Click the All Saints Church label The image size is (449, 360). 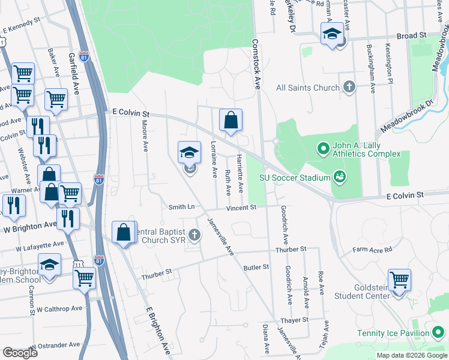[307, 88]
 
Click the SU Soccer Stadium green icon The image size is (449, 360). [340, 176]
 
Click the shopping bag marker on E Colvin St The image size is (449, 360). [231, 121]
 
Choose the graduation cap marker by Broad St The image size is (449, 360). [331, 34]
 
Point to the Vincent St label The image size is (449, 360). [241, 208]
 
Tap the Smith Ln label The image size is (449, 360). [181, 206]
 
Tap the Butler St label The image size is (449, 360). [256, 266]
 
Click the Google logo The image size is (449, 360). [20, 353]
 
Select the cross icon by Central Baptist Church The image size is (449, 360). [194, 235]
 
